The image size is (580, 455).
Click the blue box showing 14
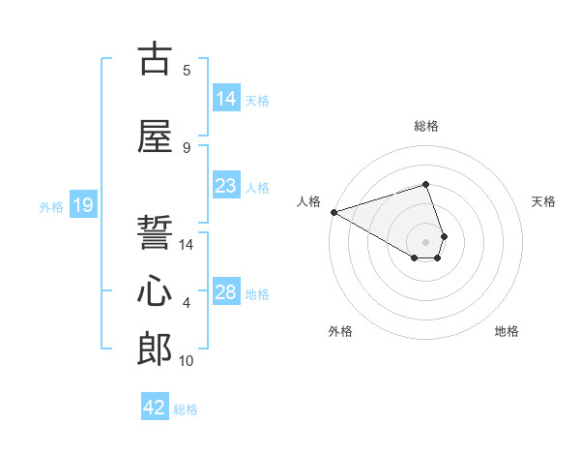pyautogui.click(x=226, y=99)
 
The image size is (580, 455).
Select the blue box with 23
pyautogui.click(x=226, y=186)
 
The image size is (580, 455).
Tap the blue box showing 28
pyautogui.click(x=226, y=292)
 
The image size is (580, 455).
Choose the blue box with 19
pyautogui.click(x=83, y=205)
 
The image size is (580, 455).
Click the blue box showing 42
pyautogui.click(x=155, y=408)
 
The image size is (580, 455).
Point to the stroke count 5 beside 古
pyautogui.click(x=187, y=70)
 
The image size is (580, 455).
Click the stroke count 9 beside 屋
pyautogui.click(x=187, y=147)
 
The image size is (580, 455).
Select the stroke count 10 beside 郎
pyautogui.click(x=187, y=361)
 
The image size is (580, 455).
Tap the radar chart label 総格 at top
pyautogui.click(x=425, y=126)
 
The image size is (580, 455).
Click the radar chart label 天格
pyautogui.click(x=544, y=201)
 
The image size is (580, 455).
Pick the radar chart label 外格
pyautogui.click(x=340, y=331)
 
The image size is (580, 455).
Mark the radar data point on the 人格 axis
pyautogui.click(x=333, y=212)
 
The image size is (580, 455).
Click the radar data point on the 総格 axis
pyautogui.click(x=425, y=184)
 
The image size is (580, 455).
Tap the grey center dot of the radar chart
pyautogui.click(x=425, y=241)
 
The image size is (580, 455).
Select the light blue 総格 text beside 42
pyautogui.click(x=186, y=409)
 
